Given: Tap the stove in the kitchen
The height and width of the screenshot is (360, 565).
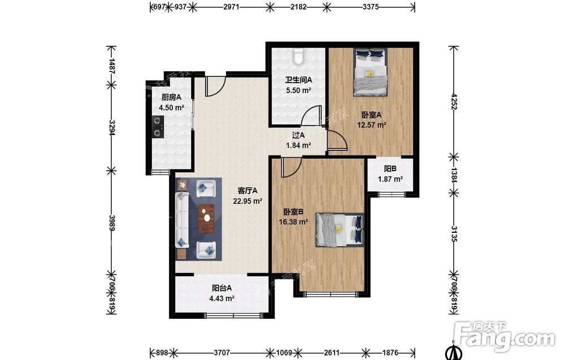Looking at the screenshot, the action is click(158, 127).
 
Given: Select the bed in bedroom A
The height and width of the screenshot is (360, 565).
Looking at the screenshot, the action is click(370, 72).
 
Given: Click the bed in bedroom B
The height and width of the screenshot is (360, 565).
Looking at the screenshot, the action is click(340, 229).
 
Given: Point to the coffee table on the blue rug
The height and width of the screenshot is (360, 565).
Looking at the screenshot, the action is click(206, 219).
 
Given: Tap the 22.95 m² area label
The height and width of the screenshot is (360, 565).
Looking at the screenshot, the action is click(247, 201).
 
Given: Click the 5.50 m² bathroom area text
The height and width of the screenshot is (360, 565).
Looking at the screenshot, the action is click(298, 90).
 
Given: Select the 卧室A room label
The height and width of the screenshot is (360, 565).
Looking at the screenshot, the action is click(372, 115).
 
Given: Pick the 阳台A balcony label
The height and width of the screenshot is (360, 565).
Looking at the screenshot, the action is click(221, 288).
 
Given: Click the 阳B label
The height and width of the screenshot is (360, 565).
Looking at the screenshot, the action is click(390, 168).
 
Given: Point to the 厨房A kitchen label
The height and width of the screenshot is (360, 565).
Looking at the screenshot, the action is click(171, 97).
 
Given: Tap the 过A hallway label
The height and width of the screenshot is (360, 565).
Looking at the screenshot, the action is click(298, 135).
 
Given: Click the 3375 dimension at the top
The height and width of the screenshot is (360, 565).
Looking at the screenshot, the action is click(371, 6).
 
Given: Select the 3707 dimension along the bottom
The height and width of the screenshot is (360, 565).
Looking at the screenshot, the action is click(221, 353).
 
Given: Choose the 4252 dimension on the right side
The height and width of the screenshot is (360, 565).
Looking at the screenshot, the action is click(454, 102).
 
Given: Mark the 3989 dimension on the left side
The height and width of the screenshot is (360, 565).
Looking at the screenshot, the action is click(112, 223).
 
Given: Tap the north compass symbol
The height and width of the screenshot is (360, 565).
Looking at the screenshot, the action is click(454, 352).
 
